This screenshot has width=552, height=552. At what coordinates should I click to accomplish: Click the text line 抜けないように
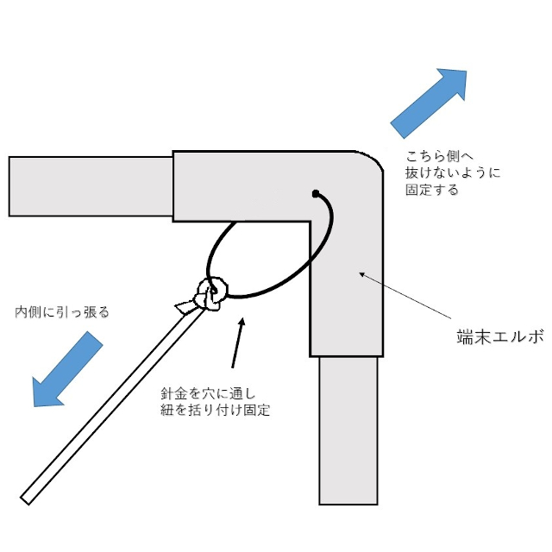[453, 173]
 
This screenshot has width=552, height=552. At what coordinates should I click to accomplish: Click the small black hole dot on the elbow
[316, 192]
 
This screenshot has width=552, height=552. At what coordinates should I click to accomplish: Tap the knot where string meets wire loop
[210, 294]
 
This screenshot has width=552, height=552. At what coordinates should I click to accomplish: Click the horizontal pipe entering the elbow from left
[91, 185]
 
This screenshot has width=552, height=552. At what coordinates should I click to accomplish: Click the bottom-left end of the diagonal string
[27, 498]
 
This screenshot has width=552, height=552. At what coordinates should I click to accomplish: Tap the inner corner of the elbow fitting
[310, 222]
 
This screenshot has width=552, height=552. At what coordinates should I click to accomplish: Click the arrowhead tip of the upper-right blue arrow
[466, 71]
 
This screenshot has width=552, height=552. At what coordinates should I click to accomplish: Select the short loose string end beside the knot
[185, 306]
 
